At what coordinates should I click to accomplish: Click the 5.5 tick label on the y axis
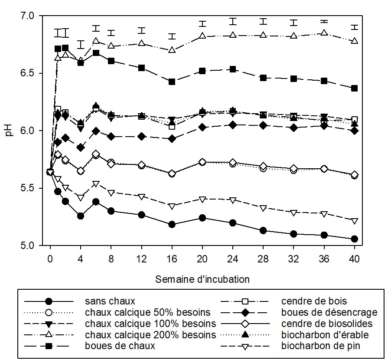coord(33,188)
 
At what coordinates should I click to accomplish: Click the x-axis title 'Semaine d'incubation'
coord(202,279)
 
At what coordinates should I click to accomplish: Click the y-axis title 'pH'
coord(11,130)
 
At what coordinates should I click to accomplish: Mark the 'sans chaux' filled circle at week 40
coord(354,239)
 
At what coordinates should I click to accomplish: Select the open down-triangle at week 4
coord(80,197)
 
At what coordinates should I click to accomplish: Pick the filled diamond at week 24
coord(233,125)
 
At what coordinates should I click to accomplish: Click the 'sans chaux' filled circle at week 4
coord(80,216)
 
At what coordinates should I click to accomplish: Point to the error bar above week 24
coord(233,21)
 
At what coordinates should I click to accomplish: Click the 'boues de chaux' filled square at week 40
coord(354,88)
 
